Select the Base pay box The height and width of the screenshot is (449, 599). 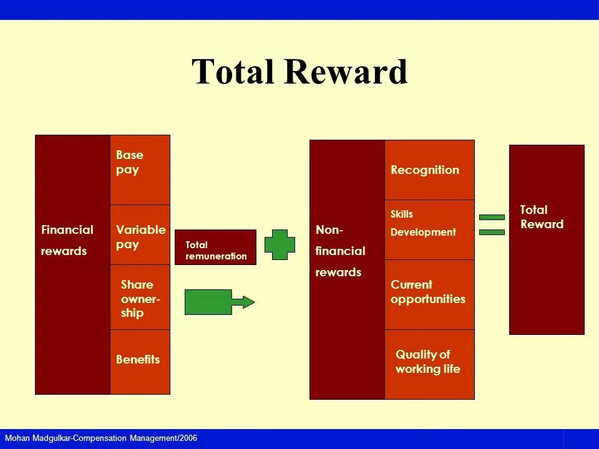point(140,170)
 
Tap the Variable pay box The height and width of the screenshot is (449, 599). point(140,235)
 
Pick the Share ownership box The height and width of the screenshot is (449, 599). point(140,297)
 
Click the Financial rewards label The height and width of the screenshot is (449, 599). point(67,240)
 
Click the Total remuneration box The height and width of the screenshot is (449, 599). point(215,248)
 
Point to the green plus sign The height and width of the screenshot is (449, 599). point(280,244)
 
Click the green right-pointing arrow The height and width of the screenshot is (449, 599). point(218,302)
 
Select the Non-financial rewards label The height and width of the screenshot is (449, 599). point(341,251)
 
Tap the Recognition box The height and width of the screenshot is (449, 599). point(429,170)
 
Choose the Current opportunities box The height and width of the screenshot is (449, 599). point(429,293)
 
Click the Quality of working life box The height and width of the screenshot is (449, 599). point(429,364)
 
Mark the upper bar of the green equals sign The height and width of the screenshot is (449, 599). point(492,217)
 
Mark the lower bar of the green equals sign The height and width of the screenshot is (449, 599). point(492,232)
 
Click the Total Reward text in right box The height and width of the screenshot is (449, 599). point(542,217)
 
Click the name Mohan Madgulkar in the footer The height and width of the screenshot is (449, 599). point(37,438)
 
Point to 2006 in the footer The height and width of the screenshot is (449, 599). point(188,438)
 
